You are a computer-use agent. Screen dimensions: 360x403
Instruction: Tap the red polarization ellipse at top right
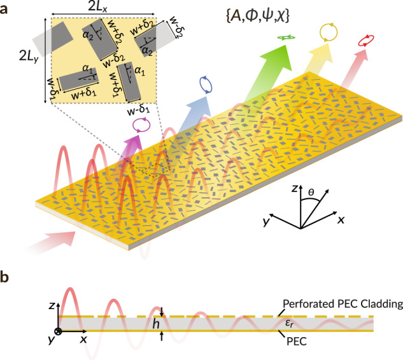click(366, 42)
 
